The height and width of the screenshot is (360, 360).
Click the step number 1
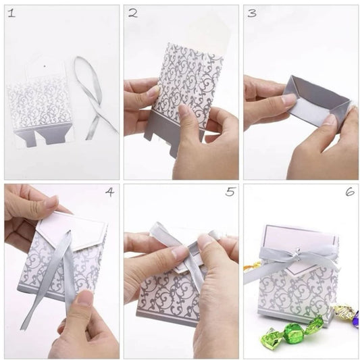click(11, 13)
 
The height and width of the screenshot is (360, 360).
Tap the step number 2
click(133, 13)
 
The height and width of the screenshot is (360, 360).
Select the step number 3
click(252, 13)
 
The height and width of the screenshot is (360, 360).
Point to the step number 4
click(109, 192)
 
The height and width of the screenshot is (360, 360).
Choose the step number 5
click(230, 191)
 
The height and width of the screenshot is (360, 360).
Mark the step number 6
click(350, 191)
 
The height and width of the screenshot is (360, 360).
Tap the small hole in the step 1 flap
click(45, 67)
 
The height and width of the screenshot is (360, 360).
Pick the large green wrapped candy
click(292, 330)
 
